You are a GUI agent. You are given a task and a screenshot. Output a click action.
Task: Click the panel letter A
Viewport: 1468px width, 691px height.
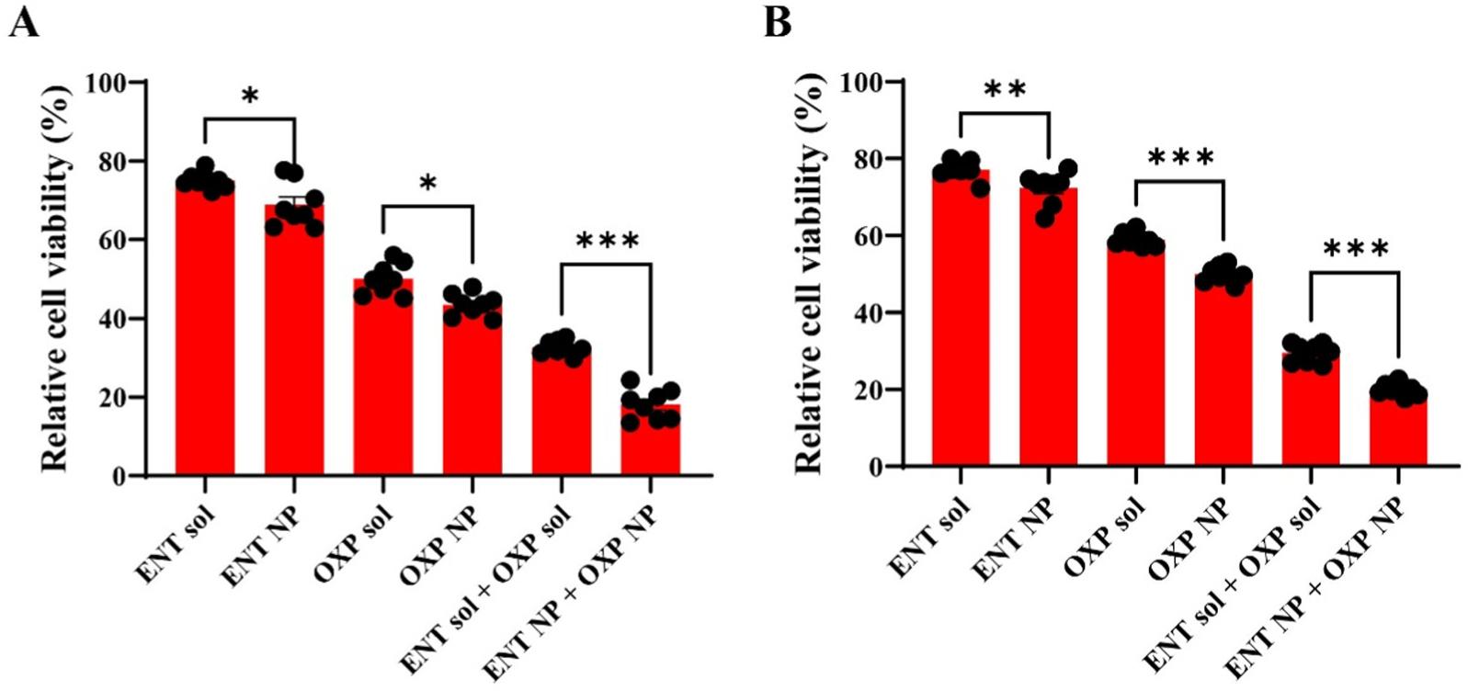pos(24,22)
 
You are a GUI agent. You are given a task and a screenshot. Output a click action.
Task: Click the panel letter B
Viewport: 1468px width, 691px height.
pos(777,22)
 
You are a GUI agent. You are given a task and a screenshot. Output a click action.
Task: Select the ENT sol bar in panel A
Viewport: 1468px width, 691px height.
pos(205,331)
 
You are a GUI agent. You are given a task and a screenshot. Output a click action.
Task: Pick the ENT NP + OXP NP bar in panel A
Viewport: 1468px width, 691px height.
pos(651,441)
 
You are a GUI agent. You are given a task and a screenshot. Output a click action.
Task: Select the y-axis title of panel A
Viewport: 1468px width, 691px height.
pos(57,278)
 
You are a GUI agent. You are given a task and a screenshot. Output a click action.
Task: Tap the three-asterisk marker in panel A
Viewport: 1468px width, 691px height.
pos(607,242)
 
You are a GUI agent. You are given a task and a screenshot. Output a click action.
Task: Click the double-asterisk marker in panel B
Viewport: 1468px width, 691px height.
pos(1004,90)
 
